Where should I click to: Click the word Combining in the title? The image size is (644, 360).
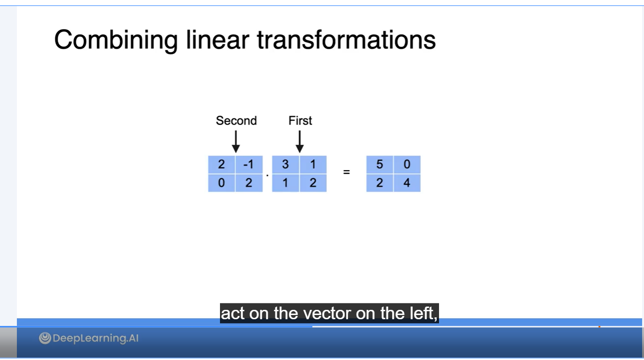[x=116, y=40]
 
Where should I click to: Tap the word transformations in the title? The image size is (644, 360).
[x=347, y=40]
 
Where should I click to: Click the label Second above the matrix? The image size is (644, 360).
[x=236, y=120]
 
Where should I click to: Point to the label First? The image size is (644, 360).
[x=300, y=120]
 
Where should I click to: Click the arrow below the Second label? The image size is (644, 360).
[x=236, y=142]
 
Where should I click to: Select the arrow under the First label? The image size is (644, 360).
[x=300, y=142]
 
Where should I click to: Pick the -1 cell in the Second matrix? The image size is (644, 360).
[x=249, y=165]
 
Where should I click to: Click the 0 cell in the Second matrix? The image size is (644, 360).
[x=221, y=183]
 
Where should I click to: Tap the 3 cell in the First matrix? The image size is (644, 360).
[x=286, y=165]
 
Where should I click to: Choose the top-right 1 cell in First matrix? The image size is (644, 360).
[x=313, y=165]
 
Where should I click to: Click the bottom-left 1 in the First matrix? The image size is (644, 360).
[x=286, y=183]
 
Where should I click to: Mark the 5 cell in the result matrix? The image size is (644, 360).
[x=379, y=165]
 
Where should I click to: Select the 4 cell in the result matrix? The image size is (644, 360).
[x=407, y=183]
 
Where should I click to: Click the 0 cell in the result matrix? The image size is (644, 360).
[x=407, y=165]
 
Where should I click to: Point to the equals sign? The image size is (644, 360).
[x=347, y=172]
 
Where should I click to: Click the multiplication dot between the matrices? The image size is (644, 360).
[x=267, y=175]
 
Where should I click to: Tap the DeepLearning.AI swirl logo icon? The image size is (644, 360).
[x=45, y=338]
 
